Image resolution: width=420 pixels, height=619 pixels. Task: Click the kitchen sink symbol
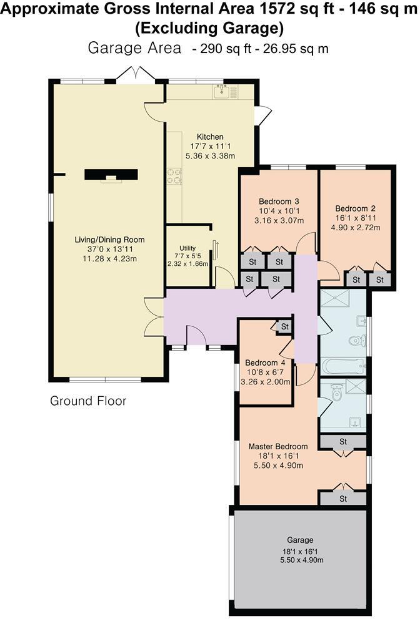click(223, 93)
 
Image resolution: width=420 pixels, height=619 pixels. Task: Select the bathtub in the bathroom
click(342, 365)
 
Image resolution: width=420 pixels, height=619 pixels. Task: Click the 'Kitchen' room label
click(210, 137)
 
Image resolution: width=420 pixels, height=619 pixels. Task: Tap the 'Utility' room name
click(188, 248)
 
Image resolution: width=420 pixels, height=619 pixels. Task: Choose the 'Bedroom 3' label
click(279, 202)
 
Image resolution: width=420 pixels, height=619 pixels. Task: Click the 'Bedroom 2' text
click(355, 208)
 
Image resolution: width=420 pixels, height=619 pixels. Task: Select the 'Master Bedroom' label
click(278, 447)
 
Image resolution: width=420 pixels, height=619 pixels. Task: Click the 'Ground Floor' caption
click(88, 401)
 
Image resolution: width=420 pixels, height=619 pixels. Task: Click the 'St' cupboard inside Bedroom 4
click(285, 326)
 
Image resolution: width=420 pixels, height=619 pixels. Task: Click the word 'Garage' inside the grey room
click(300, 540)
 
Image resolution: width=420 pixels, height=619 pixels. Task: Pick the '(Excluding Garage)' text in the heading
click(210, 28)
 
